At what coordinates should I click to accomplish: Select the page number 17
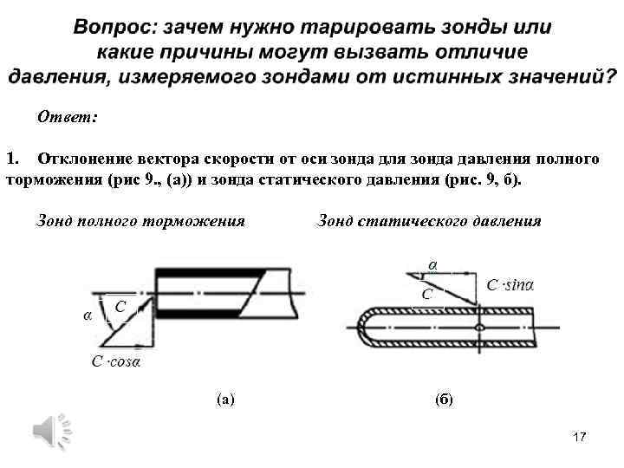point(580,438)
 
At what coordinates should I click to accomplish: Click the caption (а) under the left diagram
point(224,400)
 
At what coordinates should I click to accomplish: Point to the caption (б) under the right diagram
point(443,400)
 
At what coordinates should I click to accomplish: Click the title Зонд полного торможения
point(140,221)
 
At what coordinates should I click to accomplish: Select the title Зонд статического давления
point(430,221)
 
